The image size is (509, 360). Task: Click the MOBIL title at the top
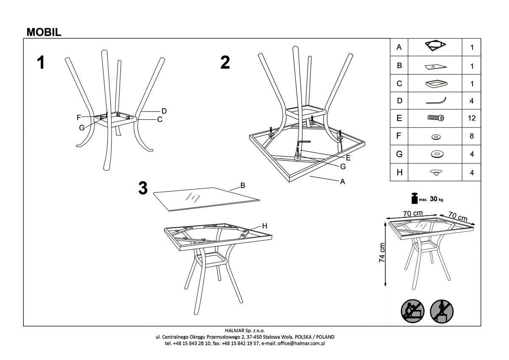point(44,32)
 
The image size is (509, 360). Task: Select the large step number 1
point(41,62)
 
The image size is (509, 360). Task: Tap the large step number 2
point(225,62)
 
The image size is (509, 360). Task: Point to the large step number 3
point(143,188)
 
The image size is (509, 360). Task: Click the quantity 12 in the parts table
point(472,118)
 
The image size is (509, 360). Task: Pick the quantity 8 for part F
point(472,136)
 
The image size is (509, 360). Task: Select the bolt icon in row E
point(436,118)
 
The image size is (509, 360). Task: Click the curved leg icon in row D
point(436,101)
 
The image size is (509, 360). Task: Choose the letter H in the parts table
point(399,172)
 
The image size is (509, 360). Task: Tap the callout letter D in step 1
point(164,111)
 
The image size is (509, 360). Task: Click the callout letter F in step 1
point(78,118)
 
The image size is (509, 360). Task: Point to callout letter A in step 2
point(342,181)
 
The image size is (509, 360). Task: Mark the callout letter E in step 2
point(348,158)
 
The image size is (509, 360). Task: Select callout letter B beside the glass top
point(243,186)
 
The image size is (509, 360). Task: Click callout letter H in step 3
point(265,226)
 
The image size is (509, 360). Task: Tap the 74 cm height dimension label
point(382,253)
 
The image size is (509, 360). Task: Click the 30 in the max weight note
point(433,199)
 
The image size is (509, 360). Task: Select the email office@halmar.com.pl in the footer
point(301,343)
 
